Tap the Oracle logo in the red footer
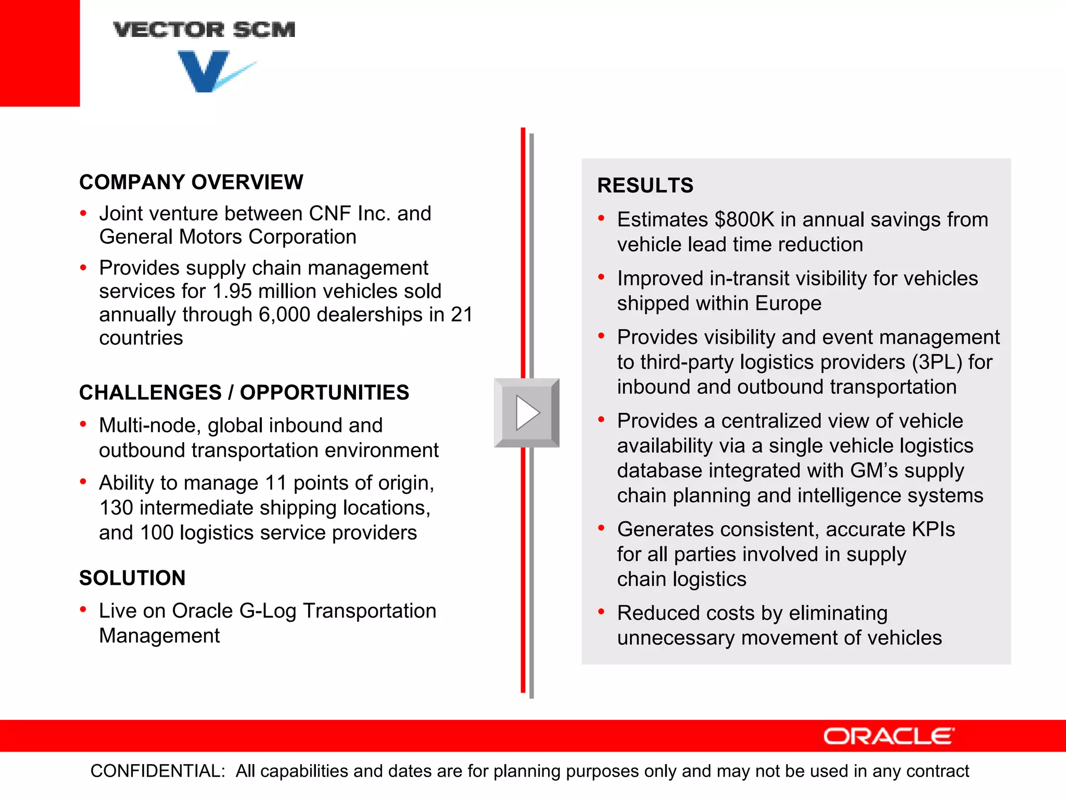889,736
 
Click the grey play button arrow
527,413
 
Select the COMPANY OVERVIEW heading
191,182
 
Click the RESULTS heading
645,185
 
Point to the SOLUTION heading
132,578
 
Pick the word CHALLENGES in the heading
150,393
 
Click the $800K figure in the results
744,220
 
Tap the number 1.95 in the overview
232,291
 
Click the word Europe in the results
788,303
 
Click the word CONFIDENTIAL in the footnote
158,771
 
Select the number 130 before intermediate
116,508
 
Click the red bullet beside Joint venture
83,213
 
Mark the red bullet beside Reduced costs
601,612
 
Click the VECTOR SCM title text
204,30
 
